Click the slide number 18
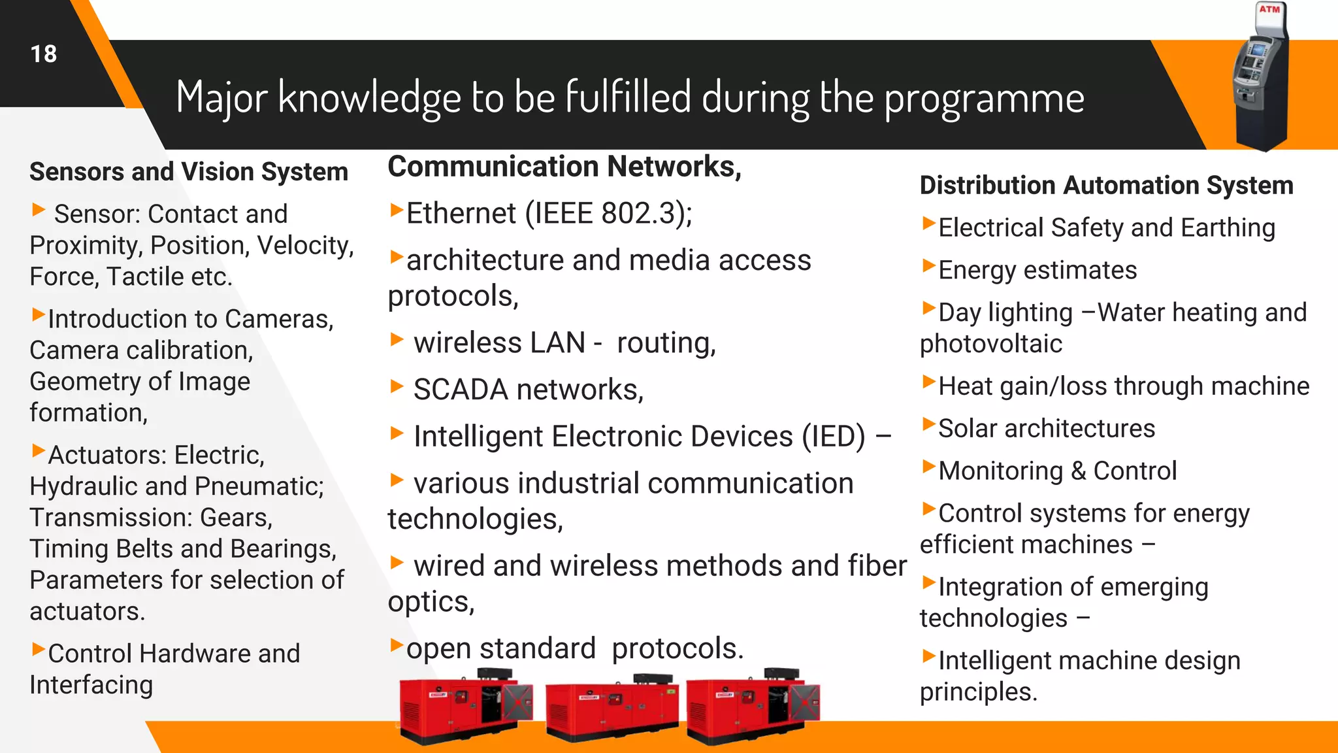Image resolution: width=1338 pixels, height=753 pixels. [x=44, y=54]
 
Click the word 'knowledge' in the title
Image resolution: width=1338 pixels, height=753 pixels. [x=370, y=98]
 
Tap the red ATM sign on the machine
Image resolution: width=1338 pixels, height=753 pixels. [x=1269, y=9]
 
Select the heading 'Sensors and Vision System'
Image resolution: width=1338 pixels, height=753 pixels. [x=189, y=172]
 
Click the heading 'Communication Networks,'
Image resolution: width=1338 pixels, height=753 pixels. [x=564, y=167]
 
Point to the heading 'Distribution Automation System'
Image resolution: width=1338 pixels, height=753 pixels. [x=1106, y=186]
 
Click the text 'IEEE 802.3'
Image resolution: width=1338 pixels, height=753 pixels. [x=608, y=214]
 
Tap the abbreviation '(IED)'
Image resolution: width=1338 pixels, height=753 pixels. [x=834, y=437]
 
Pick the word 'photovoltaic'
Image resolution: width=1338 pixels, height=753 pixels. [x=990, y=344]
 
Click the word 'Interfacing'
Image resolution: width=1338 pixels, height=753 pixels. [x=91, y=685]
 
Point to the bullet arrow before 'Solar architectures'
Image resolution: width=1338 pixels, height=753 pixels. [x=928, y=424]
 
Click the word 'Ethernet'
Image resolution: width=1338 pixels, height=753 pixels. [x=461, y=214]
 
